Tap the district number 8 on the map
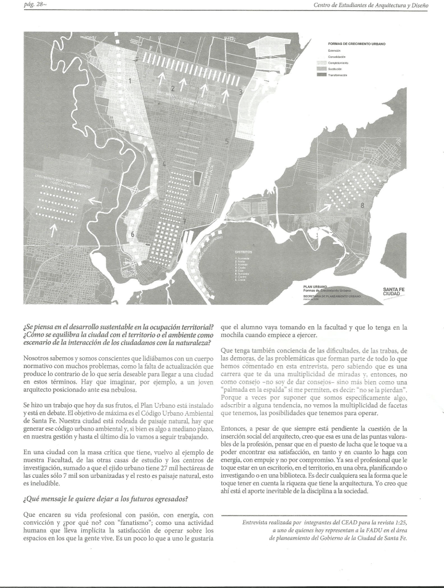362,205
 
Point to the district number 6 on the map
133,234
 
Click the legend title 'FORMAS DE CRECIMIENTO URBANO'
356,44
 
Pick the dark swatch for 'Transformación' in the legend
321,75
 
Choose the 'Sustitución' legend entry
335,69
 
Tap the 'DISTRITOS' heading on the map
243,252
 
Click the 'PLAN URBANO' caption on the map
315,285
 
